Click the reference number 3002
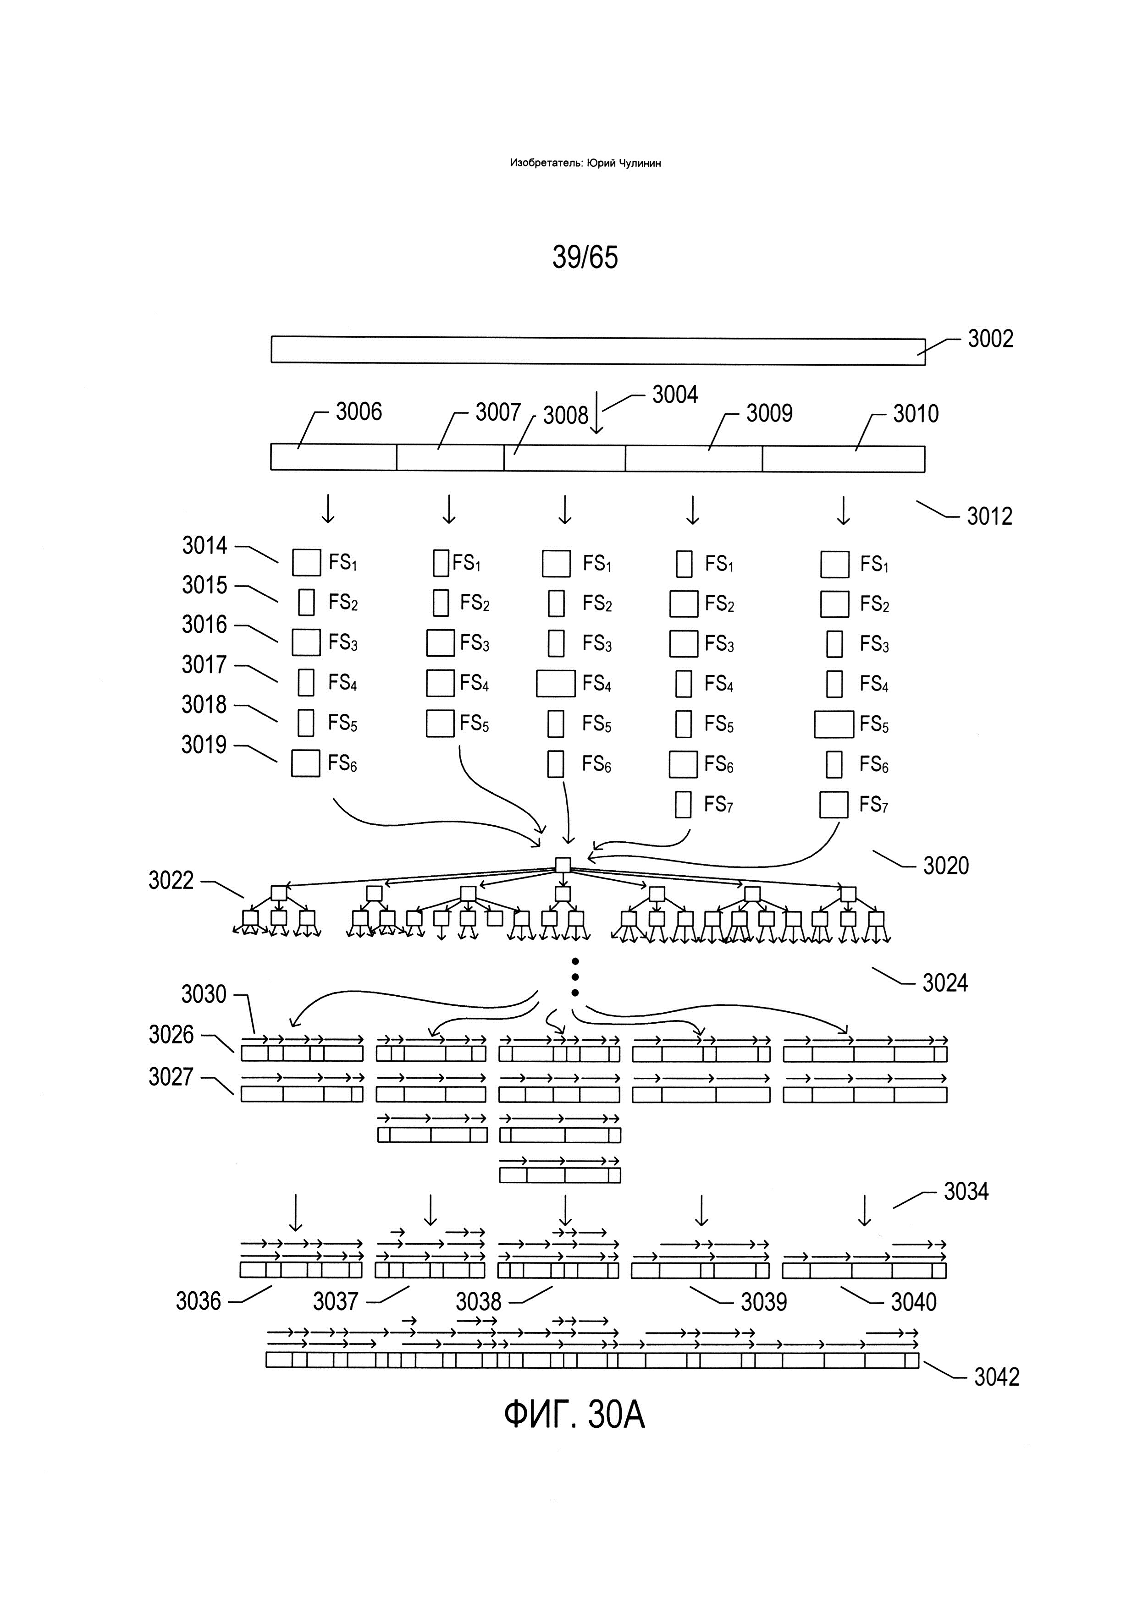coord(990,340)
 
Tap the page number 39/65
coord(585,258)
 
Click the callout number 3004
coord(675,395)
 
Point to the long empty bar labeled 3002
coord(598,350)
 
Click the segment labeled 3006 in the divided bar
coord(334,456)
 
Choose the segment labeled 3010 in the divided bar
coord(844,458)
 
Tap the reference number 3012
coord(990,516)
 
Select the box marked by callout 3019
coord(306,763)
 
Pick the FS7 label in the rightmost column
coord(874,806)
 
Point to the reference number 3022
coord(171,881)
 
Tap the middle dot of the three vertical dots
coord(575,977)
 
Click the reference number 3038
coord(479,1302)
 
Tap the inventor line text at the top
coord(585,163)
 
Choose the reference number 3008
coord(566,416)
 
